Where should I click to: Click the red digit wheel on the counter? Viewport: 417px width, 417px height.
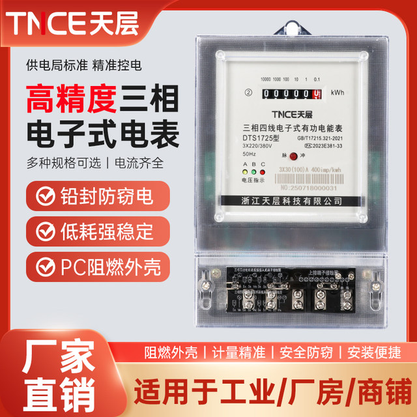point(318,94)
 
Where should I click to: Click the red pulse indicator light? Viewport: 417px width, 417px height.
point(293,156)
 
